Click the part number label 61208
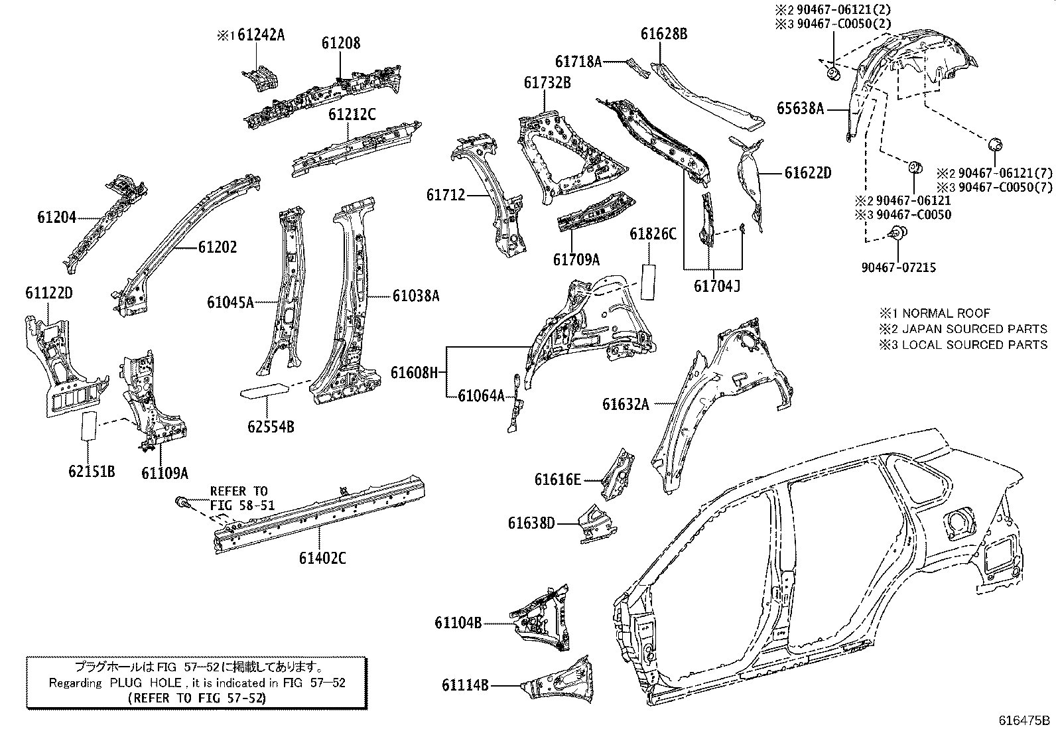(x=341, y=43)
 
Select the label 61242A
(x=260, y=35)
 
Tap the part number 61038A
(x=415, y=296)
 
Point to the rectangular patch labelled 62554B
(x=263, y=392)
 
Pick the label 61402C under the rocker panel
(x=322, y=558)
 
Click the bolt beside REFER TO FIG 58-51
(x=182, y=504)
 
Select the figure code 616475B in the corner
(x=1025, y=720)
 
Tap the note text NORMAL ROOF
(x=946, y=313)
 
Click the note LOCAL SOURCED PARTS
(x=974, y=345)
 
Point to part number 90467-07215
(x=899, y=267)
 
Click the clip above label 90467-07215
(x=897, y=233)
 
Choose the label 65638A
(x=800, y=109)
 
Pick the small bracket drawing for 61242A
(x=263, y=79)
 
